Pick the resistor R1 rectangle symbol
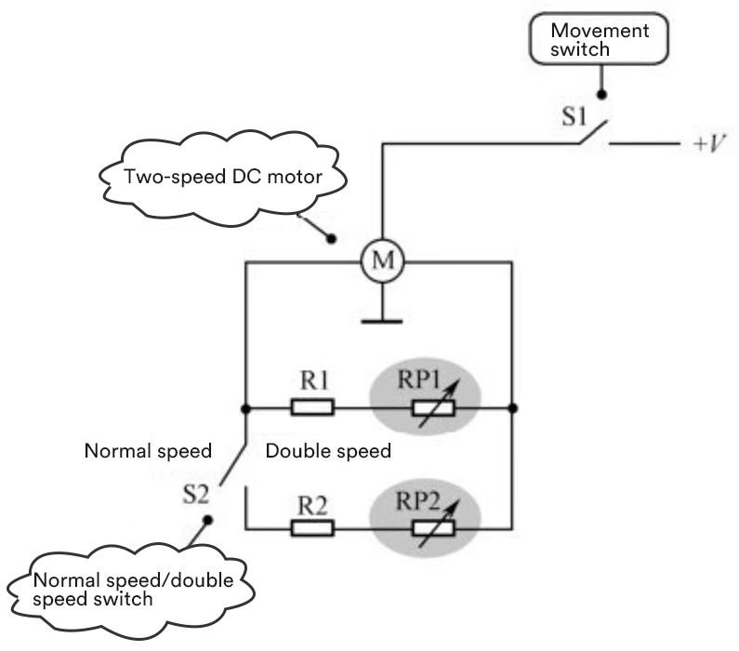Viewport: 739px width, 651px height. tap(311, 407)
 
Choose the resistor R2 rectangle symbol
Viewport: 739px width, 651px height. tap(311, 527)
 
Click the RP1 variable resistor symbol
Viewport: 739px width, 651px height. tap(433, 408)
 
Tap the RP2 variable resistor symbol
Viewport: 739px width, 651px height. tap(433, 527)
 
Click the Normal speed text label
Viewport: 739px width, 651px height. tap(149, 451)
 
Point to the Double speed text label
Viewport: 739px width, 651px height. tap(328, 451)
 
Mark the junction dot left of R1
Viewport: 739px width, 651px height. tap(244, 407)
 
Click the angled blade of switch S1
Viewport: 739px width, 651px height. tap(591, 134)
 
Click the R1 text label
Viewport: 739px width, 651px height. tap(311, 381)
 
